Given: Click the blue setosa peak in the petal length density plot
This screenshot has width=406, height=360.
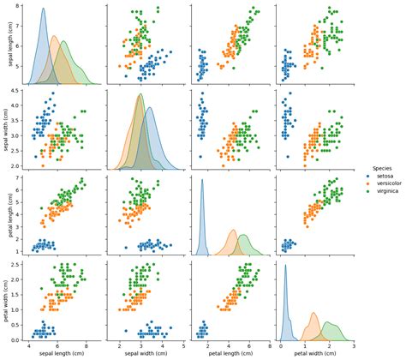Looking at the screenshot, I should pos(202,179).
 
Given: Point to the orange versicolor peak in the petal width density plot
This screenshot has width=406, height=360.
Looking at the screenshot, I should pos(313,313).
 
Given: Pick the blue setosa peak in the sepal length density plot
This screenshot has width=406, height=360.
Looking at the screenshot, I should pos(44,9).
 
